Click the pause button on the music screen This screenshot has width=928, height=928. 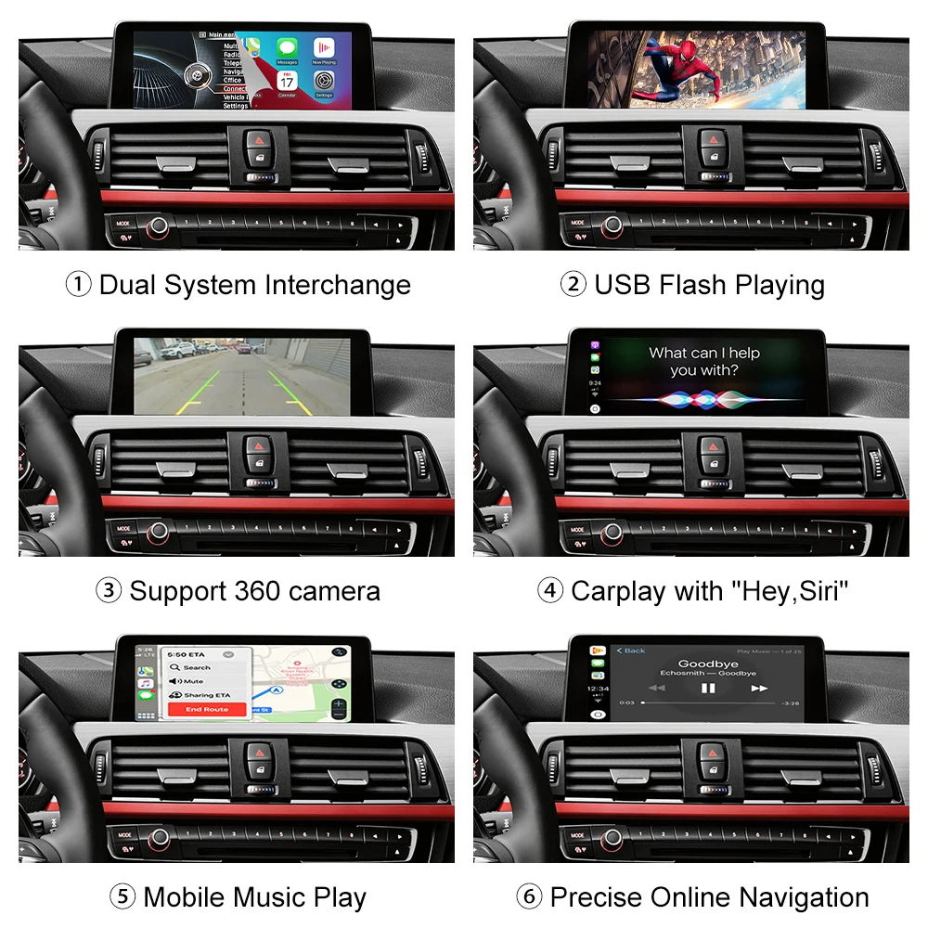[708, 688]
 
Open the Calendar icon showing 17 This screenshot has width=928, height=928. [287, 81]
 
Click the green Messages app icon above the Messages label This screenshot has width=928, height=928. [288, 46]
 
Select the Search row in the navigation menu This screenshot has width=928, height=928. [197, 667]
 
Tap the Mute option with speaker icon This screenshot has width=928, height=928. [193, 681]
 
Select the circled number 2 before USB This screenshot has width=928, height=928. [573, 285]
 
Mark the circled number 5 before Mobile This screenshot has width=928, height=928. [122, 897]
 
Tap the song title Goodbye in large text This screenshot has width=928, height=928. [708, 664]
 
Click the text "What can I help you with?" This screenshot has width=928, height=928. [704, 361]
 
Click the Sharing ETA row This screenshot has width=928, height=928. [204, 695]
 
